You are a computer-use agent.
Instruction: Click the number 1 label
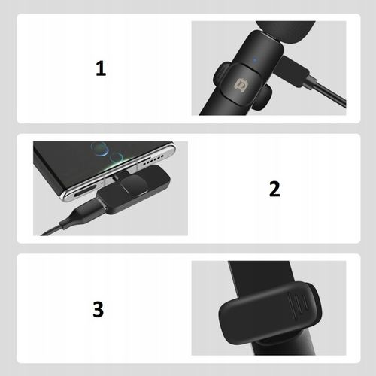coord(101,68)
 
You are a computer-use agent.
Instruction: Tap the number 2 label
coord(274,189)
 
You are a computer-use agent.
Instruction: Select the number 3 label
coord(98,309)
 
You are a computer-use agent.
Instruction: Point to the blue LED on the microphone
coord(255,60)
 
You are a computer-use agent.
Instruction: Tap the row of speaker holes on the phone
coord(153,160)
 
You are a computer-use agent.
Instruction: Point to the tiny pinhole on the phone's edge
coord(102,183)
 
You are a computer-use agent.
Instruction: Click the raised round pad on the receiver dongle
coord(132,186)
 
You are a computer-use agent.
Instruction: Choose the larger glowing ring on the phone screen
coord(100,150)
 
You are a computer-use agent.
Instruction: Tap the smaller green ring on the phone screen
coord(116,158)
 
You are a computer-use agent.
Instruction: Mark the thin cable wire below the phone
coord(50,230)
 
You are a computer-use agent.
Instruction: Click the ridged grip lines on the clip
coord(298,306)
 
